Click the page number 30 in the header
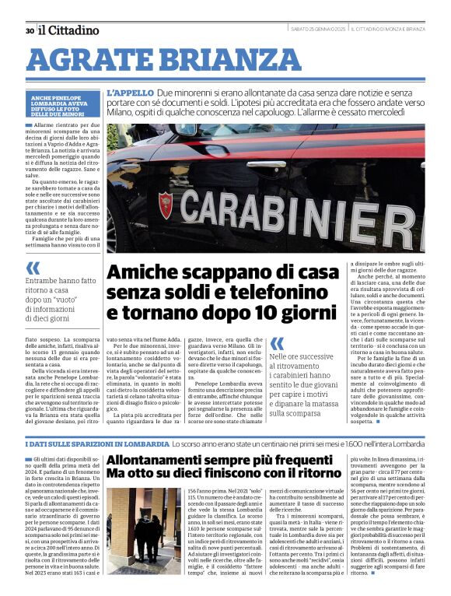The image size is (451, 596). tap(30, 31)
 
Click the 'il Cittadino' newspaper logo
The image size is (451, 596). tap(69, 30)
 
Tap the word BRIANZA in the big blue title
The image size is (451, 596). tap(209, 60)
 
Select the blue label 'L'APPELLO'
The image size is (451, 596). tap(130, 92)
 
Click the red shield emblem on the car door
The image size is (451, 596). tap(165, 205)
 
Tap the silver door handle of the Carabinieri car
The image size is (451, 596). tap(266, 165)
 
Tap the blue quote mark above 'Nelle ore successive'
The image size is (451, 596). tap(277, 343)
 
